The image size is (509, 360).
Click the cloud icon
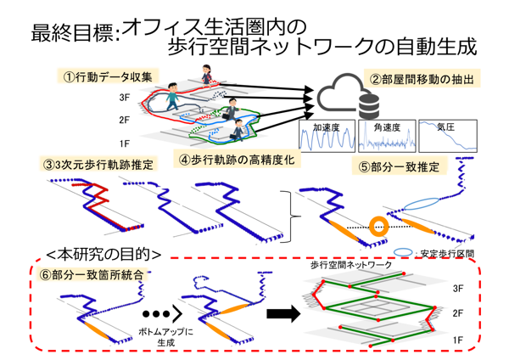coord(344,96)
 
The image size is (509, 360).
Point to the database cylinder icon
coord(369,106)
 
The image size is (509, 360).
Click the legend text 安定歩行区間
coord(446,251)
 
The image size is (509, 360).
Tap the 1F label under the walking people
coord(124,143)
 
